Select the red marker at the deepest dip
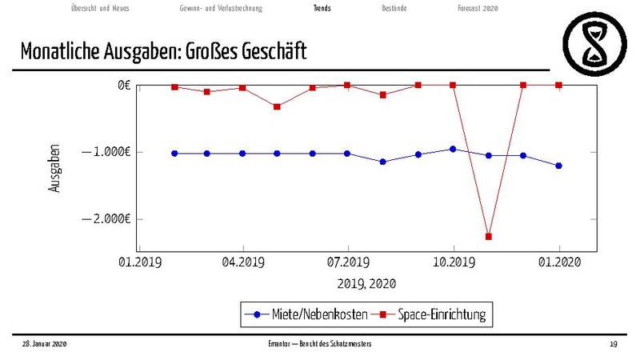(488, 236)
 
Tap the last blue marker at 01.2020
(559, 166)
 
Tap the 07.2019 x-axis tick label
(347, 262)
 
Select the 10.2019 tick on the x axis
(453, 262)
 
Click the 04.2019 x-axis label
(242, 262)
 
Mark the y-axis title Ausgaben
(54, 167)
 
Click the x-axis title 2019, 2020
(366, 283)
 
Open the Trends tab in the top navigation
(322, 8)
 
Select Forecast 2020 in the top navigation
(478, 8)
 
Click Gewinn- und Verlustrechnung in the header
(221, 8)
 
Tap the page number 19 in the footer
(613, 343)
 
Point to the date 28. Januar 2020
(44, 343)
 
